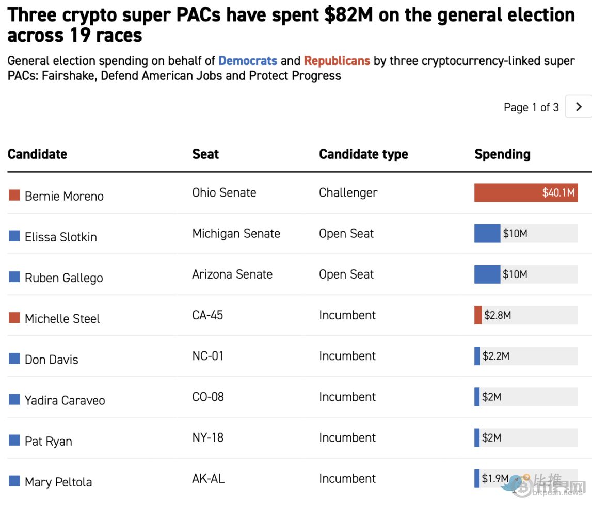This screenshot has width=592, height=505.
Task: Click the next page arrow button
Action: click(x=579, y=107)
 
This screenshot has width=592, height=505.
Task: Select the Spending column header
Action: click(x=502, y=154)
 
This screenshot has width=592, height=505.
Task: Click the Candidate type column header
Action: click(x=363, y=154)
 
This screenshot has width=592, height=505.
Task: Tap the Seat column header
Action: click(x=205, y=154)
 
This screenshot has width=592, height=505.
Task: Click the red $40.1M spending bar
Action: click(x=525, y=193)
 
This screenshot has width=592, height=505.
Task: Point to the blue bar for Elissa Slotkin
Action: click(x=487, y=234)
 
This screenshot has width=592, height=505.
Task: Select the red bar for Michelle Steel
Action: click(x=478, y=315)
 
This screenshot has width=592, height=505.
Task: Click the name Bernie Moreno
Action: click(x=64, y=196)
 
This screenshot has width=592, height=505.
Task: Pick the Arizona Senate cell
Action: click(x=232, y=274)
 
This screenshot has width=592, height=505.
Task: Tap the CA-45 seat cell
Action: click(x=207, y=315)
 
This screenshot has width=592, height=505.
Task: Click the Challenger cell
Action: click(x=348, y=193)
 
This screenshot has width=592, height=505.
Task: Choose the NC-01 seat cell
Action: click(x=207, y=356)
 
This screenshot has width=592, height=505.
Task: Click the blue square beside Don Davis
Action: click(x=14, y=359)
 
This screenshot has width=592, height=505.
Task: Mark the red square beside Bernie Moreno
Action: click(x=14, y=195)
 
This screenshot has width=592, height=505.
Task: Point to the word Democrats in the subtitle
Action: click(x=248, y=61)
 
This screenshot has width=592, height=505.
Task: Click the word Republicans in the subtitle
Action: click(x=337, y=61)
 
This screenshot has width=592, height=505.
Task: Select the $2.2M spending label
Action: click(x=496, y=356)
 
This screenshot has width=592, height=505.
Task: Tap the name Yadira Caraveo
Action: click(x=65, y=400)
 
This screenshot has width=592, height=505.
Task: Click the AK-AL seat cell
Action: click(x=208, y=478)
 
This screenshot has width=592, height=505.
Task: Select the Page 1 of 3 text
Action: click(x=531, y=107)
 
